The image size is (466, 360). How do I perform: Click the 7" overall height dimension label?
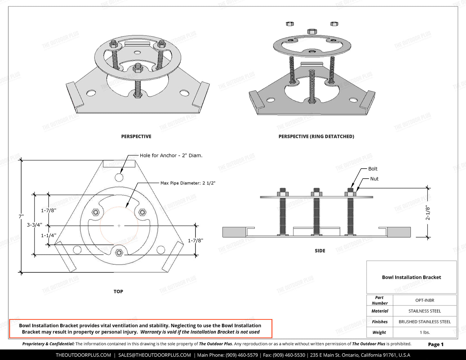coord(21,217)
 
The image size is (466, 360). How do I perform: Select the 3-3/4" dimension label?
coord(34,225)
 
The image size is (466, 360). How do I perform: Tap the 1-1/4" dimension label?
coord(48,236)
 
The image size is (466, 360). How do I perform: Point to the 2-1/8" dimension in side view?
coord(428,213)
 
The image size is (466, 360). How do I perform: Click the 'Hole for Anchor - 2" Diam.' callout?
coord(171,155)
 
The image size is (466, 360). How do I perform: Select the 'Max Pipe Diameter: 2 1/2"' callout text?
coord(188,183)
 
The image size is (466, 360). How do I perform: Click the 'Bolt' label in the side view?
coord(372,169)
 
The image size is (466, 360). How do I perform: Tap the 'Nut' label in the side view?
coord(374,179)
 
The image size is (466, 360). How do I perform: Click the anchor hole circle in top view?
coord(119,177)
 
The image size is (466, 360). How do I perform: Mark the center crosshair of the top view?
coord(119,226)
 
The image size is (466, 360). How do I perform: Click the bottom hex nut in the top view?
coord(119,252)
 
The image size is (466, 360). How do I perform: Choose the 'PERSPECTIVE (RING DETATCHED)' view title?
coord(316,137)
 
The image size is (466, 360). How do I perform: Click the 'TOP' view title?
coord(118,291)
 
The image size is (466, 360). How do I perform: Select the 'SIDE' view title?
coord(320,251)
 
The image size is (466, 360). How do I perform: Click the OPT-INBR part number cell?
coord(424,300)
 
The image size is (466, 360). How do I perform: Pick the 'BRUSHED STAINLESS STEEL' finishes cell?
coord(424,322)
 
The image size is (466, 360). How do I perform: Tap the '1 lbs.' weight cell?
coord(424,332)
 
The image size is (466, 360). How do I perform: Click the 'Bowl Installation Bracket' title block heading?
coord(411,277)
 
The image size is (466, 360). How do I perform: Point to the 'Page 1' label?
coord(436,344)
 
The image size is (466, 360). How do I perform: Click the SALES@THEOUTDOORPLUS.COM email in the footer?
coord(154,355)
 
